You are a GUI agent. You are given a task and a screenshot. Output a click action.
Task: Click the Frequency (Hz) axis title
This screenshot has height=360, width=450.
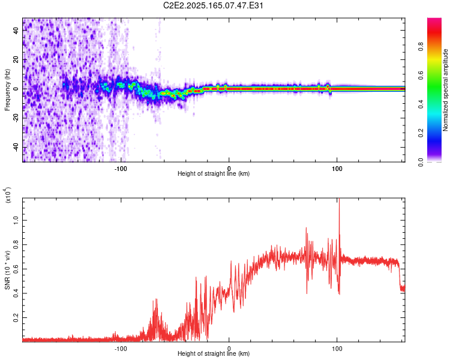(x=7, y=90)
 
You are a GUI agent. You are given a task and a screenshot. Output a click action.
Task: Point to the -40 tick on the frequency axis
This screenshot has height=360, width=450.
(x=16, y=148)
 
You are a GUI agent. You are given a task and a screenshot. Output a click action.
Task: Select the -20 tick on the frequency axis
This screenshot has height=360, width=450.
(x=16, y=118)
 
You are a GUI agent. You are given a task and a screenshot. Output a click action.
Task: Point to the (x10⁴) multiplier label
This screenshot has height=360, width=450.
(x=8, y=195)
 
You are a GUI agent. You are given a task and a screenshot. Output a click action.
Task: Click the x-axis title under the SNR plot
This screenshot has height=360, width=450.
(x=214, y=354)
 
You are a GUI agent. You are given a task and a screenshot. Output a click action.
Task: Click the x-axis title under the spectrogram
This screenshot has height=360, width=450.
(x=214, y=174)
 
